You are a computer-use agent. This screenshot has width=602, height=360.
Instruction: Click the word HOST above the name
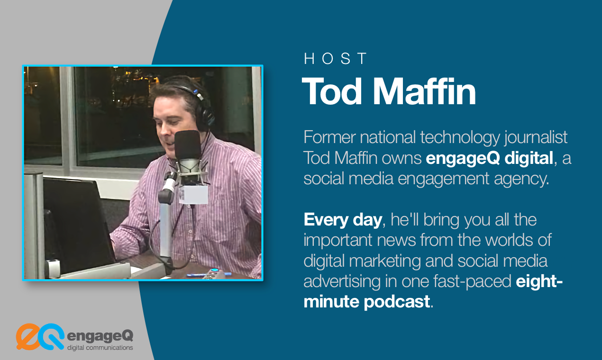pyautogui.click(x=336, y=59)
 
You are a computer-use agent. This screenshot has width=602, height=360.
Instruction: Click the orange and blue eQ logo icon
pyautogui.click(x=40, y=336)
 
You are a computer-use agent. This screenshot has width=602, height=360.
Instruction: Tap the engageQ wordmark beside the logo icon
pyautogui.click(x=100, y=336)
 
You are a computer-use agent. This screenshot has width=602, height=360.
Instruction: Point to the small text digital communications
pyautogui.click(x=100, y=348)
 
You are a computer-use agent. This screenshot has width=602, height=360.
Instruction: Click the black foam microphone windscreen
pyautogui.click(x=188, y=144)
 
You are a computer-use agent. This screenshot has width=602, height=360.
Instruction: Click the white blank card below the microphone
pyautogui.click(x=193, y=194)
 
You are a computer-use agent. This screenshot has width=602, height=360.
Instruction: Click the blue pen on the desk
pyautogui.click(x=209, y=273)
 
